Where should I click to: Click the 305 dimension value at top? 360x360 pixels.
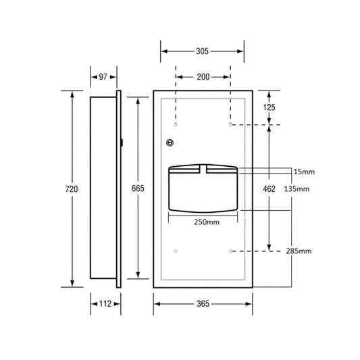pyautogui.click(x=202, y=51)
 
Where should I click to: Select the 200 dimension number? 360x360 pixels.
pyautogui.click(x=203, y=77)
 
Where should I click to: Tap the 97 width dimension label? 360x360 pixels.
pyautogui.click(x=103, y=77)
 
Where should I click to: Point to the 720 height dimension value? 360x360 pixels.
pyautogui.click(x=72, y=189)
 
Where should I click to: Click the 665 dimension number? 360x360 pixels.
pyautogui.click(x=138, y=188)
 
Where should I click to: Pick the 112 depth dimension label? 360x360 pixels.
pyautogui.click(x=105, y=304)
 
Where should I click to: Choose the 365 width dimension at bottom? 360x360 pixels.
pyautogui.click(x=203, y=304)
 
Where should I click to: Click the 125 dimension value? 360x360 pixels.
pyautogui.click(x=269, y=107)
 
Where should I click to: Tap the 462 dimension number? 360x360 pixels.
pyautogui.click(x=269, y=188)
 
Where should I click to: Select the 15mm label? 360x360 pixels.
pyautogui.click(x=304, y=172)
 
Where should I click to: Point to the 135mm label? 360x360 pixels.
pyautogui.click(x=297, y=188)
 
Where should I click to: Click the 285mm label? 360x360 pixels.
pyautogui.click(x=299, y=251)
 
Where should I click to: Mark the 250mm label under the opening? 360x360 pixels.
pyautogui.click(x=207, y=222)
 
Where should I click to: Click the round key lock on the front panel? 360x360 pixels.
pyautogui.click(x=170, y=143)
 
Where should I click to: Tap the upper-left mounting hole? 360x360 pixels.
pyautogui.click(x=176, y=125)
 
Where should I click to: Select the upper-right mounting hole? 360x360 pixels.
pyautogui.click(x=230, y=125)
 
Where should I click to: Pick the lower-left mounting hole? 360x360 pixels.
pyautogui.click(x=176, y=251)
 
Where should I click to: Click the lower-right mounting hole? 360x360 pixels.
pyautogui.click(x=230, y=251)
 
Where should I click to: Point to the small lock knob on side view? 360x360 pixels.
pyautogui.click(x=122, y=143)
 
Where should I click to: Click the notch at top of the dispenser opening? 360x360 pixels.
pyautogui.click(x=203, y=169)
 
